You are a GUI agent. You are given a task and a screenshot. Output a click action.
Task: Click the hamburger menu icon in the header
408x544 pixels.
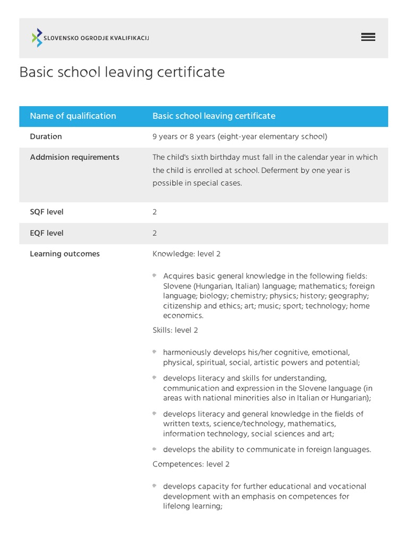(368, 37)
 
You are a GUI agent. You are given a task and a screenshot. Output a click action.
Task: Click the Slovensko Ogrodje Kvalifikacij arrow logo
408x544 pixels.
(37, 38)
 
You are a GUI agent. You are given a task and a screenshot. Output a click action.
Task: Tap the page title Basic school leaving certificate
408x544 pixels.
(122, 72)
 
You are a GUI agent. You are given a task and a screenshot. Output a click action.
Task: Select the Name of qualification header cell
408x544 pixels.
(73, 116)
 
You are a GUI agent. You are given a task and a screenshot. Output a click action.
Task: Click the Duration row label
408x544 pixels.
(46, 137)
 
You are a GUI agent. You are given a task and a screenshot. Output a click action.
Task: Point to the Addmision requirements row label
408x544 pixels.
(74, 157)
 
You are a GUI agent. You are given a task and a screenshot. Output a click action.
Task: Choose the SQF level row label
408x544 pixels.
(47, 212)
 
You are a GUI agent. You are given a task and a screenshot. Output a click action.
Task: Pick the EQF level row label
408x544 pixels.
(47, 233)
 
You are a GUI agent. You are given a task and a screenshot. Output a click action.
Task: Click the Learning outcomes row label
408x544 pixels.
(65, 254)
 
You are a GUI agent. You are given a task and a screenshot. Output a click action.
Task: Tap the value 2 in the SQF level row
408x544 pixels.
(155, 212)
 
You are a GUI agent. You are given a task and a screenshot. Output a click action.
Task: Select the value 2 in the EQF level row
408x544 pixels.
(155, 233)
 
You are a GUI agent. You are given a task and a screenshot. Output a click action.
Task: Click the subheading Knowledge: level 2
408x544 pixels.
(186, 254)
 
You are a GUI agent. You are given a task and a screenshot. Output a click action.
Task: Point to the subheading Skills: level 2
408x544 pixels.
(175, 330)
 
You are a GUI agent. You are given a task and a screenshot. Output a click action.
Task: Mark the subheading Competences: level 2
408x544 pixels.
(191, 464)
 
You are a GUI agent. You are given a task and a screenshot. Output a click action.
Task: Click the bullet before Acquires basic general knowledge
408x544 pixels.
(155, 276)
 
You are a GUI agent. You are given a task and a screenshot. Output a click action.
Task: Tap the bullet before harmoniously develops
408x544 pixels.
(155, 352)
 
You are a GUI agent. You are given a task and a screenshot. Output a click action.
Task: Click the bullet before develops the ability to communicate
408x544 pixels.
(155, 449)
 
